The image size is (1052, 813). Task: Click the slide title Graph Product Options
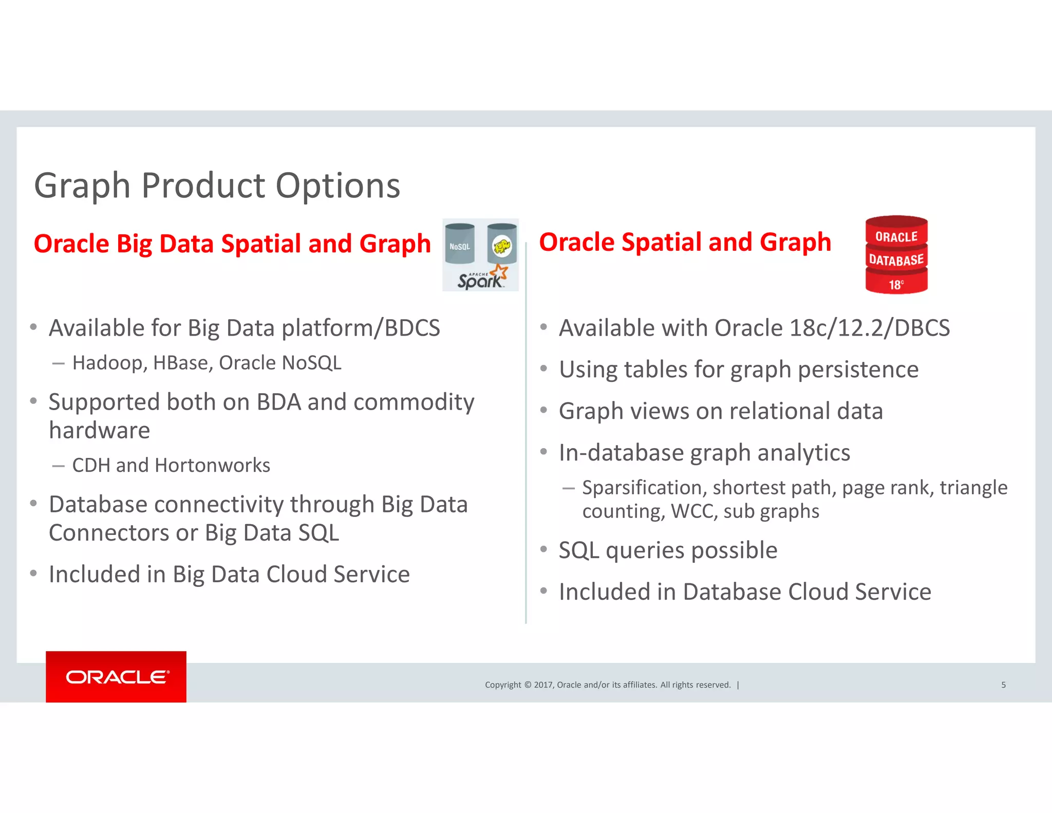click(x=217, y=186)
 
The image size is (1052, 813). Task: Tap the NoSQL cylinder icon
click(x=460, y=244)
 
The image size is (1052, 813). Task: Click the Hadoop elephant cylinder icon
click(x=502, y=244)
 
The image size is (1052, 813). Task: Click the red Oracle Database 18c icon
click(x=896, y=255)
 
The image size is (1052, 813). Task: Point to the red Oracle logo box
click(x=116, y=676)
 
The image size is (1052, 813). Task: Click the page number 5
click(x=1003, y=685)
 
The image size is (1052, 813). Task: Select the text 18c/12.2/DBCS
click(x=870, y=328)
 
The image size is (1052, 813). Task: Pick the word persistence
click(x=858, y=369)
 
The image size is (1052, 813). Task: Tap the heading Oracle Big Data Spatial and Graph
click(x=232, y=244)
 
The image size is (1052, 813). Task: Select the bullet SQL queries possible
click(x=668, y=550)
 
